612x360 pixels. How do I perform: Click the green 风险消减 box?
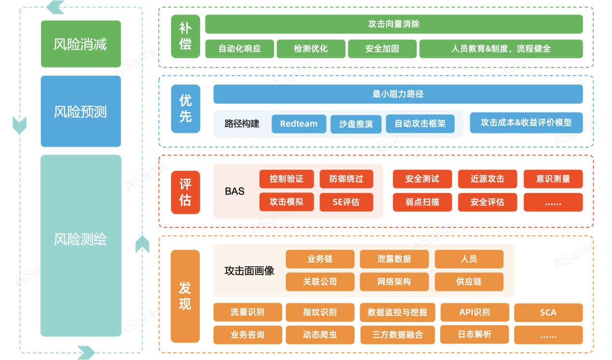(81, 44)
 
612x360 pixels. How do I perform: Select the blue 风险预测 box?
(81, 111)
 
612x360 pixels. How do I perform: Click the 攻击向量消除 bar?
(394, 24)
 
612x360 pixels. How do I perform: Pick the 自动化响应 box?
(240, 49)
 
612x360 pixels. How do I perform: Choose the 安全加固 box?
(381, 49)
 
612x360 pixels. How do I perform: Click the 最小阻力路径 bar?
(398, 94)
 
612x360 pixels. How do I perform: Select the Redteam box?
(299, 124)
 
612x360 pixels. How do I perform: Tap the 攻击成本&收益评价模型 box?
(526, 123)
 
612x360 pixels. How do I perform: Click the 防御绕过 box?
(346, 179)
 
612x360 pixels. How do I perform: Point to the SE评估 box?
(346, 202)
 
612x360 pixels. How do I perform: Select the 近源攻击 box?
(487, 179)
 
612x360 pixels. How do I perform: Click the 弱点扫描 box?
(422, 202)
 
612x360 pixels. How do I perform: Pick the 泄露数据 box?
(394, 259)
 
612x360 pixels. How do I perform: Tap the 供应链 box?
(468, 281)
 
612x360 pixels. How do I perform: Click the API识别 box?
(475, 312)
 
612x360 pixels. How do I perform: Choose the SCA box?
(548, 312)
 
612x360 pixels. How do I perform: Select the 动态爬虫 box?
(320, 334)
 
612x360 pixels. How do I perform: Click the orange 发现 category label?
(185, 296)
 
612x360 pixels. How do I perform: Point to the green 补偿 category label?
(185, 36)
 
